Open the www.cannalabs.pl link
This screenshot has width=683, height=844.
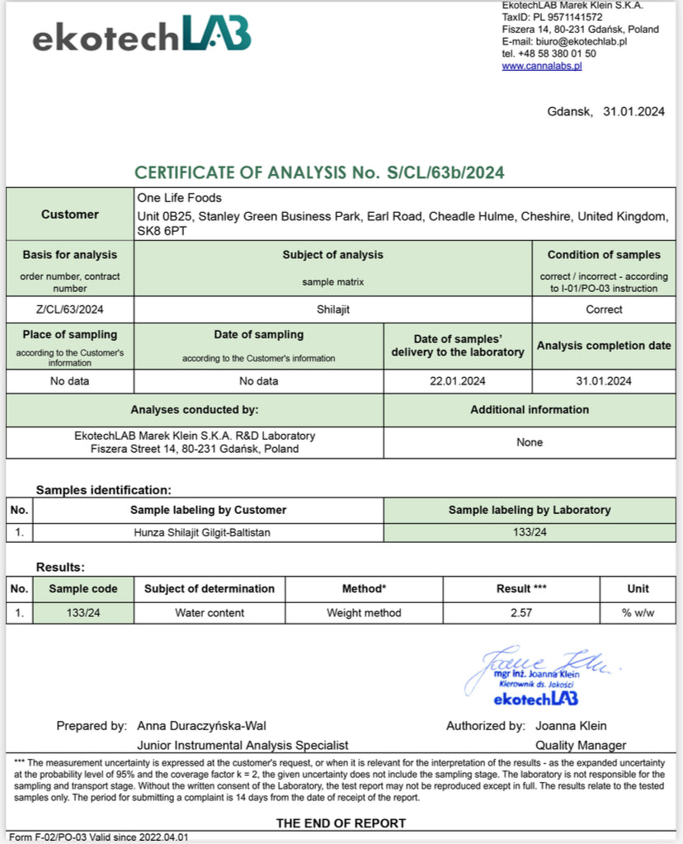click(x=542, y=66)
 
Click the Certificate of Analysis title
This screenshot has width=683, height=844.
click(x=319, y=172)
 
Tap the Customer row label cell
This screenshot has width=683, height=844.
click(x=70, y=215)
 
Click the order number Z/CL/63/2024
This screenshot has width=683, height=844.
click(x=69, y=309)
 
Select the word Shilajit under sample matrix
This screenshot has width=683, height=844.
click(x=332, y=309)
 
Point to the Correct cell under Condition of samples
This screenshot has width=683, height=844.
click(x=604, y=309)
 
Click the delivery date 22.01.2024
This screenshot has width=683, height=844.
click(x=459, y=381)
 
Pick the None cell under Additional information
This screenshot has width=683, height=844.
click(x=530, y=442)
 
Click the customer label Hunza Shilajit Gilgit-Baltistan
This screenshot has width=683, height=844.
click(x=202, y=532)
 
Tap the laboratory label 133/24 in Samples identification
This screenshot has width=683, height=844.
click(x=530, y=532)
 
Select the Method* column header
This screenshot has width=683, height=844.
click(x=364, y=589)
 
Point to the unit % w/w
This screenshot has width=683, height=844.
click(x=638, y=613)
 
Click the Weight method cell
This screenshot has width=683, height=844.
click(x=364, y=613)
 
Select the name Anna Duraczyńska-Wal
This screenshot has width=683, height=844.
click(x=202, y=726)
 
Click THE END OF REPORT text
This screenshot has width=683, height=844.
click(x=341, y=823)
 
